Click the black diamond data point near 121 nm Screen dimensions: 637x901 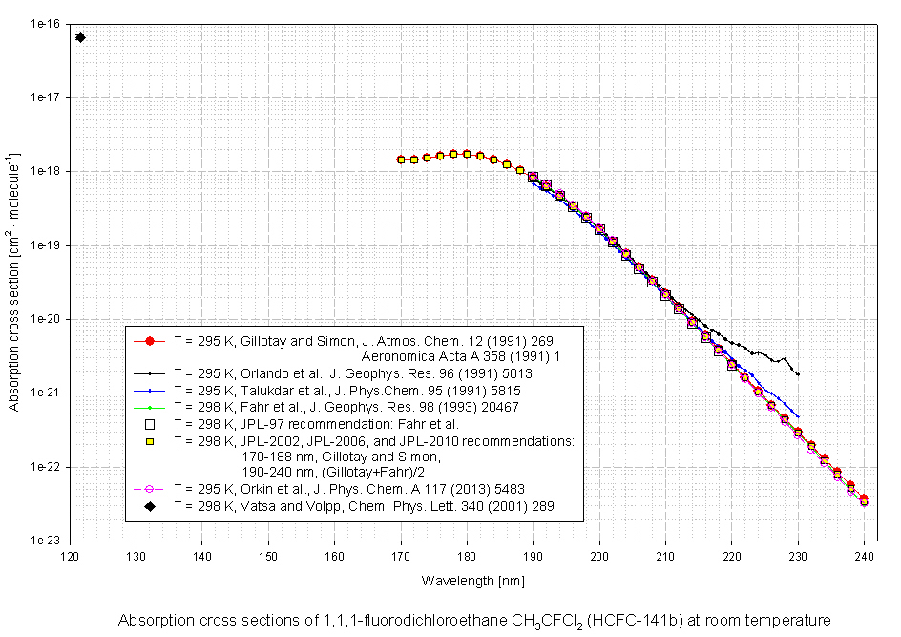(x=80, y=37)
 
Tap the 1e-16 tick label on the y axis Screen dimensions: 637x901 (x=45, y=23)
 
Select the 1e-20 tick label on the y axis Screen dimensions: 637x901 (x=45, y=319)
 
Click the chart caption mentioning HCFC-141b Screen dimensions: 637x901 (x=474, y=621)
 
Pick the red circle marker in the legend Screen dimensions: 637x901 (x=150, y=340)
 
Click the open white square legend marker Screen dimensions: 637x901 (x=150, y=424)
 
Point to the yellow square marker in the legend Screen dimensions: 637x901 (x=150, y=441)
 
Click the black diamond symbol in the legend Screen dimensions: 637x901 (x=150, y=506)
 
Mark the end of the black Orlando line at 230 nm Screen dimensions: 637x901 (x=798, y=373)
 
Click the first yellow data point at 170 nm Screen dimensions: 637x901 (x=401, y=159)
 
